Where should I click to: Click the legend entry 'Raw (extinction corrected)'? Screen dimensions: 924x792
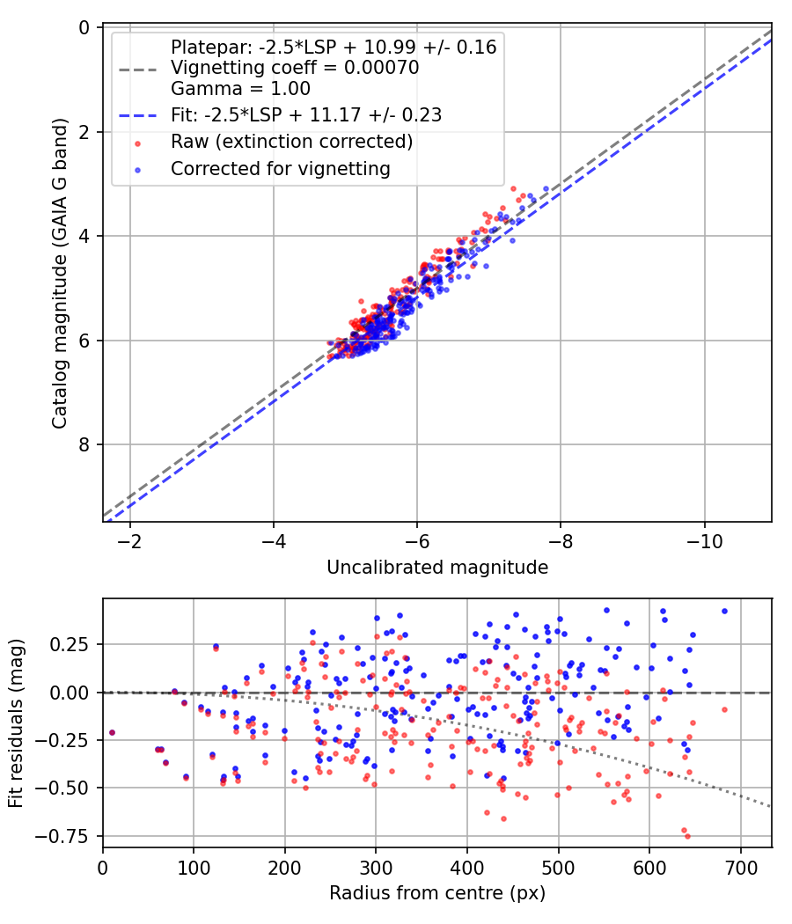tap(291, 141)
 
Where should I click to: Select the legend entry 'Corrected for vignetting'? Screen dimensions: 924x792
tap(281, 168)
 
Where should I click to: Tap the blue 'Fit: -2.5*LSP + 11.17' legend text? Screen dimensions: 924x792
tap(306, 114)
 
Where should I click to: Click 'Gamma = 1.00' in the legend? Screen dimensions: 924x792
tap(240, 88)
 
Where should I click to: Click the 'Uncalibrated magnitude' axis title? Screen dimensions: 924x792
tap(437, 568)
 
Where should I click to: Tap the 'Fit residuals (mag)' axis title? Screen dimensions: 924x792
tap(15, 722)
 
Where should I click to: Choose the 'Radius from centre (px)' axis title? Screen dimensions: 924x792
tap(437, 893)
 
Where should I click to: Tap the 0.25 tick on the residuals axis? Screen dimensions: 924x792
tap(74, 645)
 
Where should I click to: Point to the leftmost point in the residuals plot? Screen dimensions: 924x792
tap(112, 732)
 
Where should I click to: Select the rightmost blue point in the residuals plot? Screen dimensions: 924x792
tap(724, 611)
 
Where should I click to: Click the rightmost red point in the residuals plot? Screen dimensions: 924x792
tap(724, 709)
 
